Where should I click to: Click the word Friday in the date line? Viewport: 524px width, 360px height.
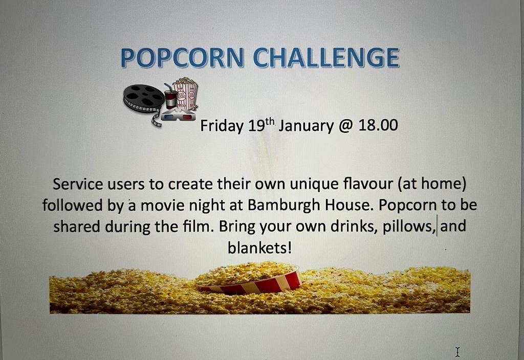[222, 126]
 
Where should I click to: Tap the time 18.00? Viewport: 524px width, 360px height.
[378, 125]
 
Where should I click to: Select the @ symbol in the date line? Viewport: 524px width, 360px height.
[346, 126]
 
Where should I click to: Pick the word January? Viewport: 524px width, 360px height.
[306, 126]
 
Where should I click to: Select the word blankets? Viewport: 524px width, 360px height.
[259, 247]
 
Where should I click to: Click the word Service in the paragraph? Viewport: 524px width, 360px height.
[78, 184]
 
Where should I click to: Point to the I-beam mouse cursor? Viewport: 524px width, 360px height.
[457, 352]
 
